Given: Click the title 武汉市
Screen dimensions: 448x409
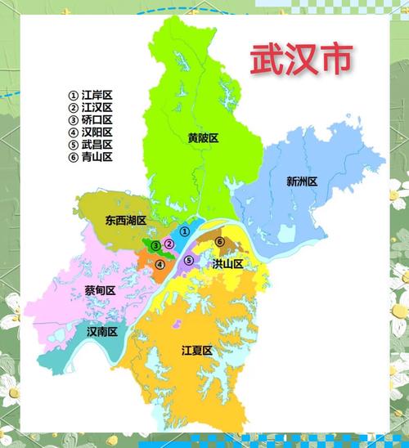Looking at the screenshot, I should pos(302,59).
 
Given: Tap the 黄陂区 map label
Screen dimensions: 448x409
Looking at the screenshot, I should pos(203,138).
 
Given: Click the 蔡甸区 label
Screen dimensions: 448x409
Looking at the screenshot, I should pos(99,290).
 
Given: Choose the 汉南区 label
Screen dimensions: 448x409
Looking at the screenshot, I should pos(102,331).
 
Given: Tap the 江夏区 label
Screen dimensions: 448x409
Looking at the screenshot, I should pos(196,350).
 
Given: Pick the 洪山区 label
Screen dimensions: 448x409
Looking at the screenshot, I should pos(227,263).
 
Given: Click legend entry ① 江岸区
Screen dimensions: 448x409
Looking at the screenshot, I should pos(90,95).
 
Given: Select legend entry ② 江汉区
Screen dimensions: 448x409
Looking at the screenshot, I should pos(90,107).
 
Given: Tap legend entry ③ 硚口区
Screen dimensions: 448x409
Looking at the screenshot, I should pos(90,119).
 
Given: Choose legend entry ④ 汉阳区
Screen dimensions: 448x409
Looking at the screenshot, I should pos(90,132).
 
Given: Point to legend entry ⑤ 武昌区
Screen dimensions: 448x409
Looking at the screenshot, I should pos(90,144).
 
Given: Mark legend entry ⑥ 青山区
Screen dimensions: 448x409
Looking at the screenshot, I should pos(90,156).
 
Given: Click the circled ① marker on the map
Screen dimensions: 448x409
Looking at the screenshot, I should pos(185,231).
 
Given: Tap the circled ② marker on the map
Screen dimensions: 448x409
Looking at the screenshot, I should pos(169,244).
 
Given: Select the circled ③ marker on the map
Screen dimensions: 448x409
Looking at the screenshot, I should pos(155,244).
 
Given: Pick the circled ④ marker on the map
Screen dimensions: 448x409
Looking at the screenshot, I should pos(160,264).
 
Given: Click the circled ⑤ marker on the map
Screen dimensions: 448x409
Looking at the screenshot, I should pos(189,261).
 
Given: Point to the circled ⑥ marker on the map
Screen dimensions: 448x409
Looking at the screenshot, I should pos(219,241).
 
